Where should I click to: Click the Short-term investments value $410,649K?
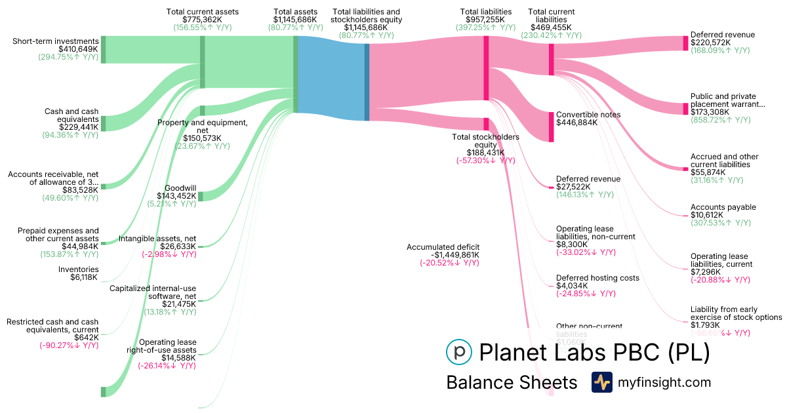tap(77, 49)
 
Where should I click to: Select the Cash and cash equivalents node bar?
tap(102, 123)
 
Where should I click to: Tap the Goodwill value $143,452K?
tap(176, 196)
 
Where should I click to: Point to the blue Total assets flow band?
tap(331, 79)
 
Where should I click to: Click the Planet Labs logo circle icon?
tap(458, 352)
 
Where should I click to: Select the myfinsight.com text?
tap(663, 382)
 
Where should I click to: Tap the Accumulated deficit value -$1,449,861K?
tap(443, 255)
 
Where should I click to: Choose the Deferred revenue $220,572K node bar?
tap(685, 43)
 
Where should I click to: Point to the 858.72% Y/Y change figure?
tap(720, 120)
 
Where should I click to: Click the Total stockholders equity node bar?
tap(486, 124)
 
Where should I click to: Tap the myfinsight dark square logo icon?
tap(601, 382)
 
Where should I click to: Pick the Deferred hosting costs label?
tap(597, 278)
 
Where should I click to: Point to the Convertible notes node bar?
tap(552, 127)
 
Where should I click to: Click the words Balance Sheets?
tap(512, 382)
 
